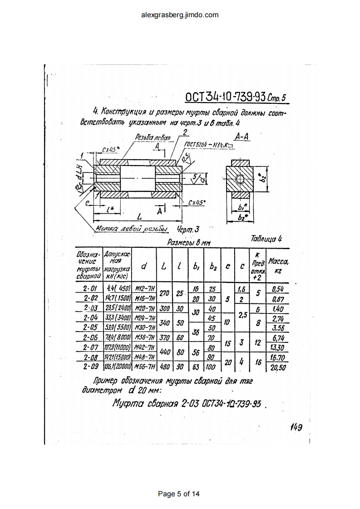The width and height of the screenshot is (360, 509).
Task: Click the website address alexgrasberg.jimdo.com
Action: [180, 15]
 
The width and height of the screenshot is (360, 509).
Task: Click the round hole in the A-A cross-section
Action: [239, 178]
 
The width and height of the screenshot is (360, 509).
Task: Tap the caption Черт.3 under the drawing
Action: [188, 229]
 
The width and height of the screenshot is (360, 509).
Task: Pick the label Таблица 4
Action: [266, 239]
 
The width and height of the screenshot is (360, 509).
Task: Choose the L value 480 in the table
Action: [165, 367]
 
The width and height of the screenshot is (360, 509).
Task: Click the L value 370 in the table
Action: [165, 338]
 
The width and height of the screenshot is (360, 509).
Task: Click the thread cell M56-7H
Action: [144, 367]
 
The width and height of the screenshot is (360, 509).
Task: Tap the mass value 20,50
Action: [278, 367]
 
